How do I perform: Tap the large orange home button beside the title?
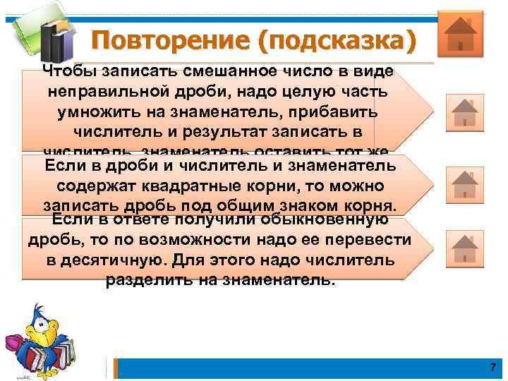tap(460, 33)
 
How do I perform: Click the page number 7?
tap(492, 368)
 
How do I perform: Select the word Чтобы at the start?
tap(68, 72)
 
